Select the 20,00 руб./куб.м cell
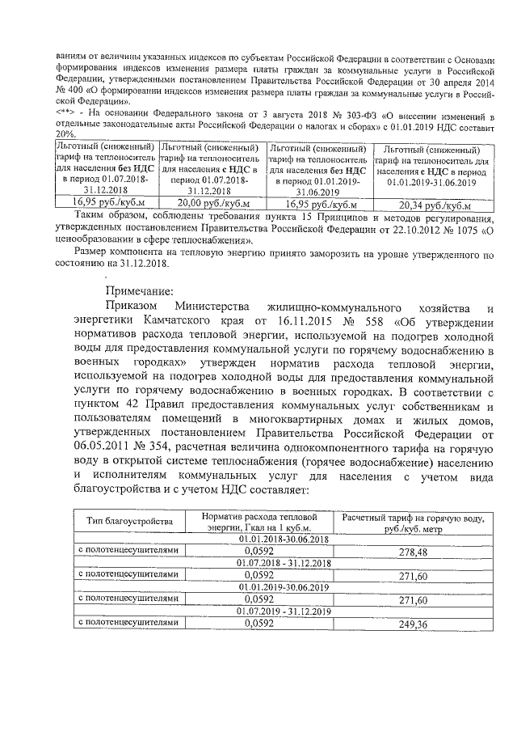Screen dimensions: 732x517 click(213, 202)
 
